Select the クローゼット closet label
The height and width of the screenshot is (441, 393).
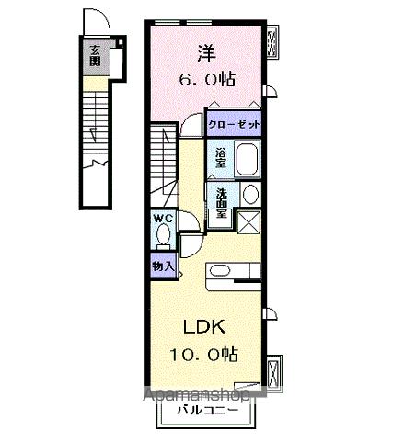[x=235, y=124]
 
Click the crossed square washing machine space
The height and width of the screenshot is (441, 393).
[x=249, y=223]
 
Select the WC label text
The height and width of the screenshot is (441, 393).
[x=162, y=218]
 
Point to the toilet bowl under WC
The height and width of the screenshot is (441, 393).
[x=163, y=235]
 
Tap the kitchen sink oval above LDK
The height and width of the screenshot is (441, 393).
[x=221, y=270]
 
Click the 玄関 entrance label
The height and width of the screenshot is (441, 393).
[x=95, y=57]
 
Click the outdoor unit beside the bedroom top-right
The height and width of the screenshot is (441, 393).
[x=274, y=41]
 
